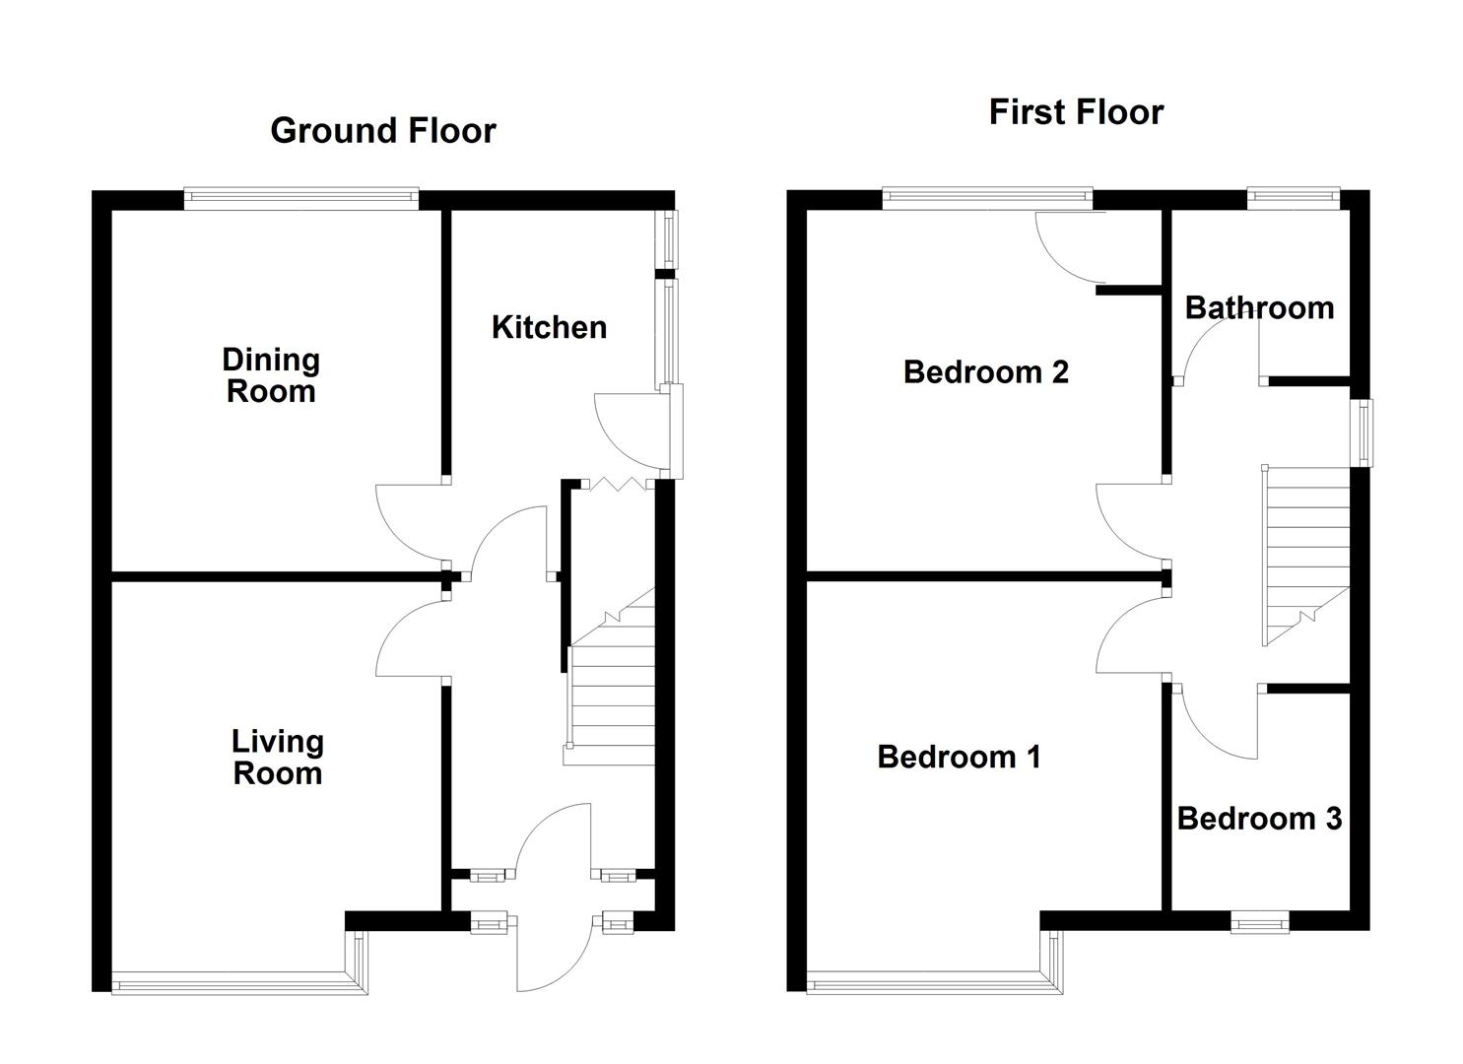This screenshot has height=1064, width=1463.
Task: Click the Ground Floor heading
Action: (x=382, y=130)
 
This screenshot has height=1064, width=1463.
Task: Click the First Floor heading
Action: (x=1076, y=112)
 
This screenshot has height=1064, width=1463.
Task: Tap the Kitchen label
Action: (x=549, y=327)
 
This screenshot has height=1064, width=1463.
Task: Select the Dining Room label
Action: (x=271, y=375)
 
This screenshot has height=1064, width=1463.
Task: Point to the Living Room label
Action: (x=277, y=757)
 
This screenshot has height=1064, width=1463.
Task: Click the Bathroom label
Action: (x=1259, y=307)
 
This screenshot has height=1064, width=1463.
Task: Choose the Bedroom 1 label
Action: (x=959, y=757)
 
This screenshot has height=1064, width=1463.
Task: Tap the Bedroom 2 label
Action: (x=985, y=371)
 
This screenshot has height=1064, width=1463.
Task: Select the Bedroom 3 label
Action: (x=1259, y=819)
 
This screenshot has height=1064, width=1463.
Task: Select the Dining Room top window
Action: (x=301, y=199)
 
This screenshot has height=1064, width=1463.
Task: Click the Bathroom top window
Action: (x=1294, y=199)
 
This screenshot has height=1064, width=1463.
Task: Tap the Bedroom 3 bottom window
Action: (x=1259, y=923)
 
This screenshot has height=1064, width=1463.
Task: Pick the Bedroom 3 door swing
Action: (x=1217, y=724)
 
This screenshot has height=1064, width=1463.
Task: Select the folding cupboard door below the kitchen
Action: (x=616, y=484)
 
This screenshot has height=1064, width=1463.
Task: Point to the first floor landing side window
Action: (x=1363, y=432)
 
